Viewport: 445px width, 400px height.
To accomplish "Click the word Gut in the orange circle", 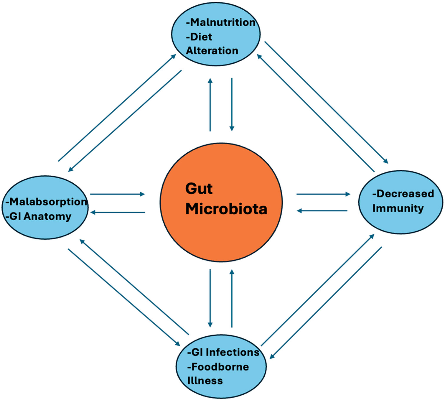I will point(199,189).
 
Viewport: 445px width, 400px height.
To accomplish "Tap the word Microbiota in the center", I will point(226,209).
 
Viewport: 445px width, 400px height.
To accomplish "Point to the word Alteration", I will point(212,51).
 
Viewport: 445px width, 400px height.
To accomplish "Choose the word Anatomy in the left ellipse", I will point(47,216).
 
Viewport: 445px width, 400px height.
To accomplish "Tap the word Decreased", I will point(405,194).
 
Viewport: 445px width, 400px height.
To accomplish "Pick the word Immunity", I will point(398,208).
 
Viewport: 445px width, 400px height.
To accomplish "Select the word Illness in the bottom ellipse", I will point(205,381).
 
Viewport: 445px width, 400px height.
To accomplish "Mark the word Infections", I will point(233,352).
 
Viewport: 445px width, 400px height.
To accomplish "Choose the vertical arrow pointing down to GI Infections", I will point(210,298).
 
